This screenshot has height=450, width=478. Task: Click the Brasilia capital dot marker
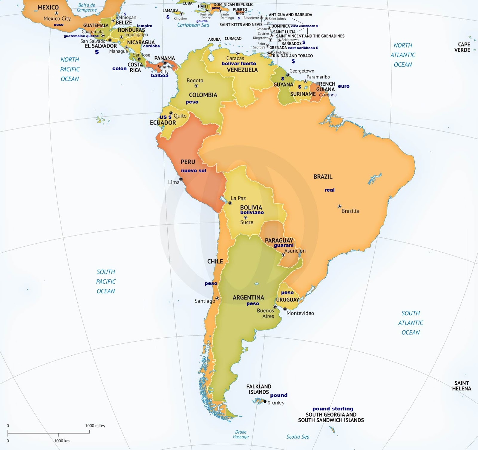click(x=339, y=206)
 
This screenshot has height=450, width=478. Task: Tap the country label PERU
click(x=188, y=162)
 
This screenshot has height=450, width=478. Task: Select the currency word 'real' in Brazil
click(x=330, y=190)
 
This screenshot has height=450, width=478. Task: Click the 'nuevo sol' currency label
click(x=193, y=171)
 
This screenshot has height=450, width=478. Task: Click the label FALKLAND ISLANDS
click(x=259, y=389)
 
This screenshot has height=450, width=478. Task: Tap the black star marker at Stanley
click(x=265, y=401)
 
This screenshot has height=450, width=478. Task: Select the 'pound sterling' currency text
click(x=333, y=408)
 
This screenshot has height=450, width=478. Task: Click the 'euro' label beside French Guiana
click(x=344, y=86)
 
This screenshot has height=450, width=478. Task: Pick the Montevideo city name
click(x=300, y=313)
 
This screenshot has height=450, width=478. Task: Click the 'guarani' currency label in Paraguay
click(x=284, y=245)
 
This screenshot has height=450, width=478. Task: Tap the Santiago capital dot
click(x=217, y=298)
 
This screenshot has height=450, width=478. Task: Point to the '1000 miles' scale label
click(x=95, y=426)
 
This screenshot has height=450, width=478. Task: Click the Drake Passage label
click(x=240, y=434)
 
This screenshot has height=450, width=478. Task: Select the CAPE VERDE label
click(x=462, y=47)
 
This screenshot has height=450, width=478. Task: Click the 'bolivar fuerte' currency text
click(x=239, y=63)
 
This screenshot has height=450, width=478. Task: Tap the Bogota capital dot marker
click(x=196, y=86)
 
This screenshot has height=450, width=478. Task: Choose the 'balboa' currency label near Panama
click(x=160, y=75)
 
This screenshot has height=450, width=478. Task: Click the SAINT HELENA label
click(x=462, y=386)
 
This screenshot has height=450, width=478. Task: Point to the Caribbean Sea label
click(x=193, y=25)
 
